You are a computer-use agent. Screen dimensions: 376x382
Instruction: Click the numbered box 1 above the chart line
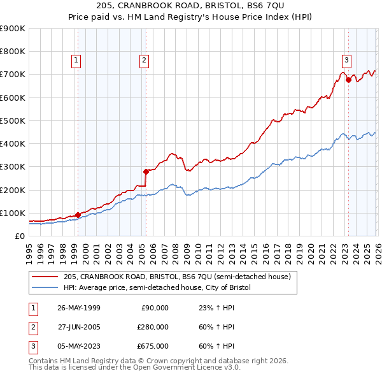pos(76,61)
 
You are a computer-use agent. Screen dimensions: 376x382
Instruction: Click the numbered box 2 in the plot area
pos(145,61)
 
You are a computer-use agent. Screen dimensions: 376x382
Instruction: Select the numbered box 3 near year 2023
pos(346,61)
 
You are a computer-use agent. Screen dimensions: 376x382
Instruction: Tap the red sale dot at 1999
pos(78,215)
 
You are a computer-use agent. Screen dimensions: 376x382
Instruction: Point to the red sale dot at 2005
pos(146,171)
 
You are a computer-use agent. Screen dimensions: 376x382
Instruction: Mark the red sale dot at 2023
pos(348,80)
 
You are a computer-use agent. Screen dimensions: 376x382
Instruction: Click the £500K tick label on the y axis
pos(13,120)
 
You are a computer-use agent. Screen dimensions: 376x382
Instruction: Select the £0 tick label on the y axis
pos(20,236)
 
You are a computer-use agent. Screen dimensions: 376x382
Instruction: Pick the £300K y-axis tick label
pos(13,167)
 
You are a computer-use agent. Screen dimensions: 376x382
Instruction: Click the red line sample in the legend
pos(46,277)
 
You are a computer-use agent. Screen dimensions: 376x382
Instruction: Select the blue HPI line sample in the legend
pos(46,287)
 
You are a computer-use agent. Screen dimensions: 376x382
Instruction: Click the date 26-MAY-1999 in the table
pos(78,308)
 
